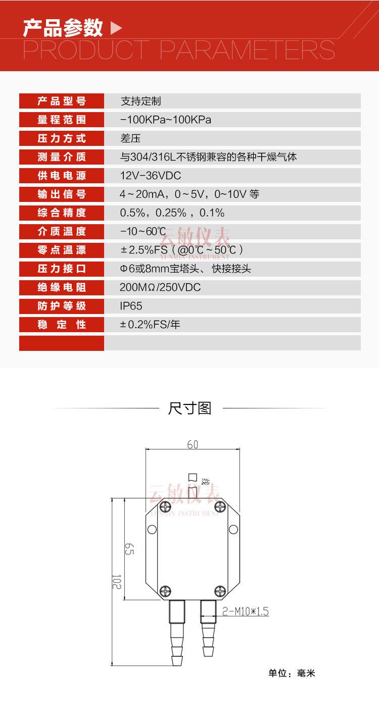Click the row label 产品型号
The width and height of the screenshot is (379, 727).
[62, 101]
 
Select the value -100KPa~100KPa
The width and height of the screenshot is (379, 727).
[165, 120]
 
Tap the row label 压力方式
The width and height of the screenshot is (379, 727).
[62, 138]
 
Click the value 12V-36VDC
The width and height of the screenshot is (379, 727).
[150, 176]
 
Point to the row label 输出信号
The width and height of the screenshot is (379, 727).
[62, 194]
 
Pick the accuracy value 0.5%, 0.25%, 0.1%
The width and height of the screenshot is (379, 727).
[172, 213]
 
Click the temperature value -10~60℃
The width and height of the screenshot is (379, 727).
[143, 232]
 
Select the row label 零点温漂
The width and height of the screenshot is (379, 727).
[62, 250]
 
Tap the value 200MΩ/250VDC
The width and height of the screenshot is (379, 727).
[160, 288]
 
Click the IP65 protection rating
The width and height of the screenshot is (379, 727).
[131, 306]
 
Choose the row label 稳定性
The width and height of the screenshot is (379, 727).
[62, 325]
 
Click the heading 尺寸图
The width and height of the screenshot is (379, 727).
[189, 408]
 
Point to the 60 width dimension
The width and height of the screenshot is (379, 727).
[193, 444]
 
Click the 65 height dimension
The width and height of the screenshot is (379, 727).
[129, 549]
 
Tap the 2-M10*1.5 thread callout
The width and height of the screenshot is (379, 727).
[245, 612]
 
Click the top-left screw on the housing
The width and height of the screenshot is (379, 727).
[165, 506]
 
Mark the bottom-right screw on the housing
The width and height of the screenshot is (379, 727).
[219, 590]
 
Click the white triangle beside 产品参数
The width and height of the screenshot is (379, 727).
[116, 28]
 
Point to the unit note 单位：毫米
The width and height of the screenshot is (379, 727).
[292, 673]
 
